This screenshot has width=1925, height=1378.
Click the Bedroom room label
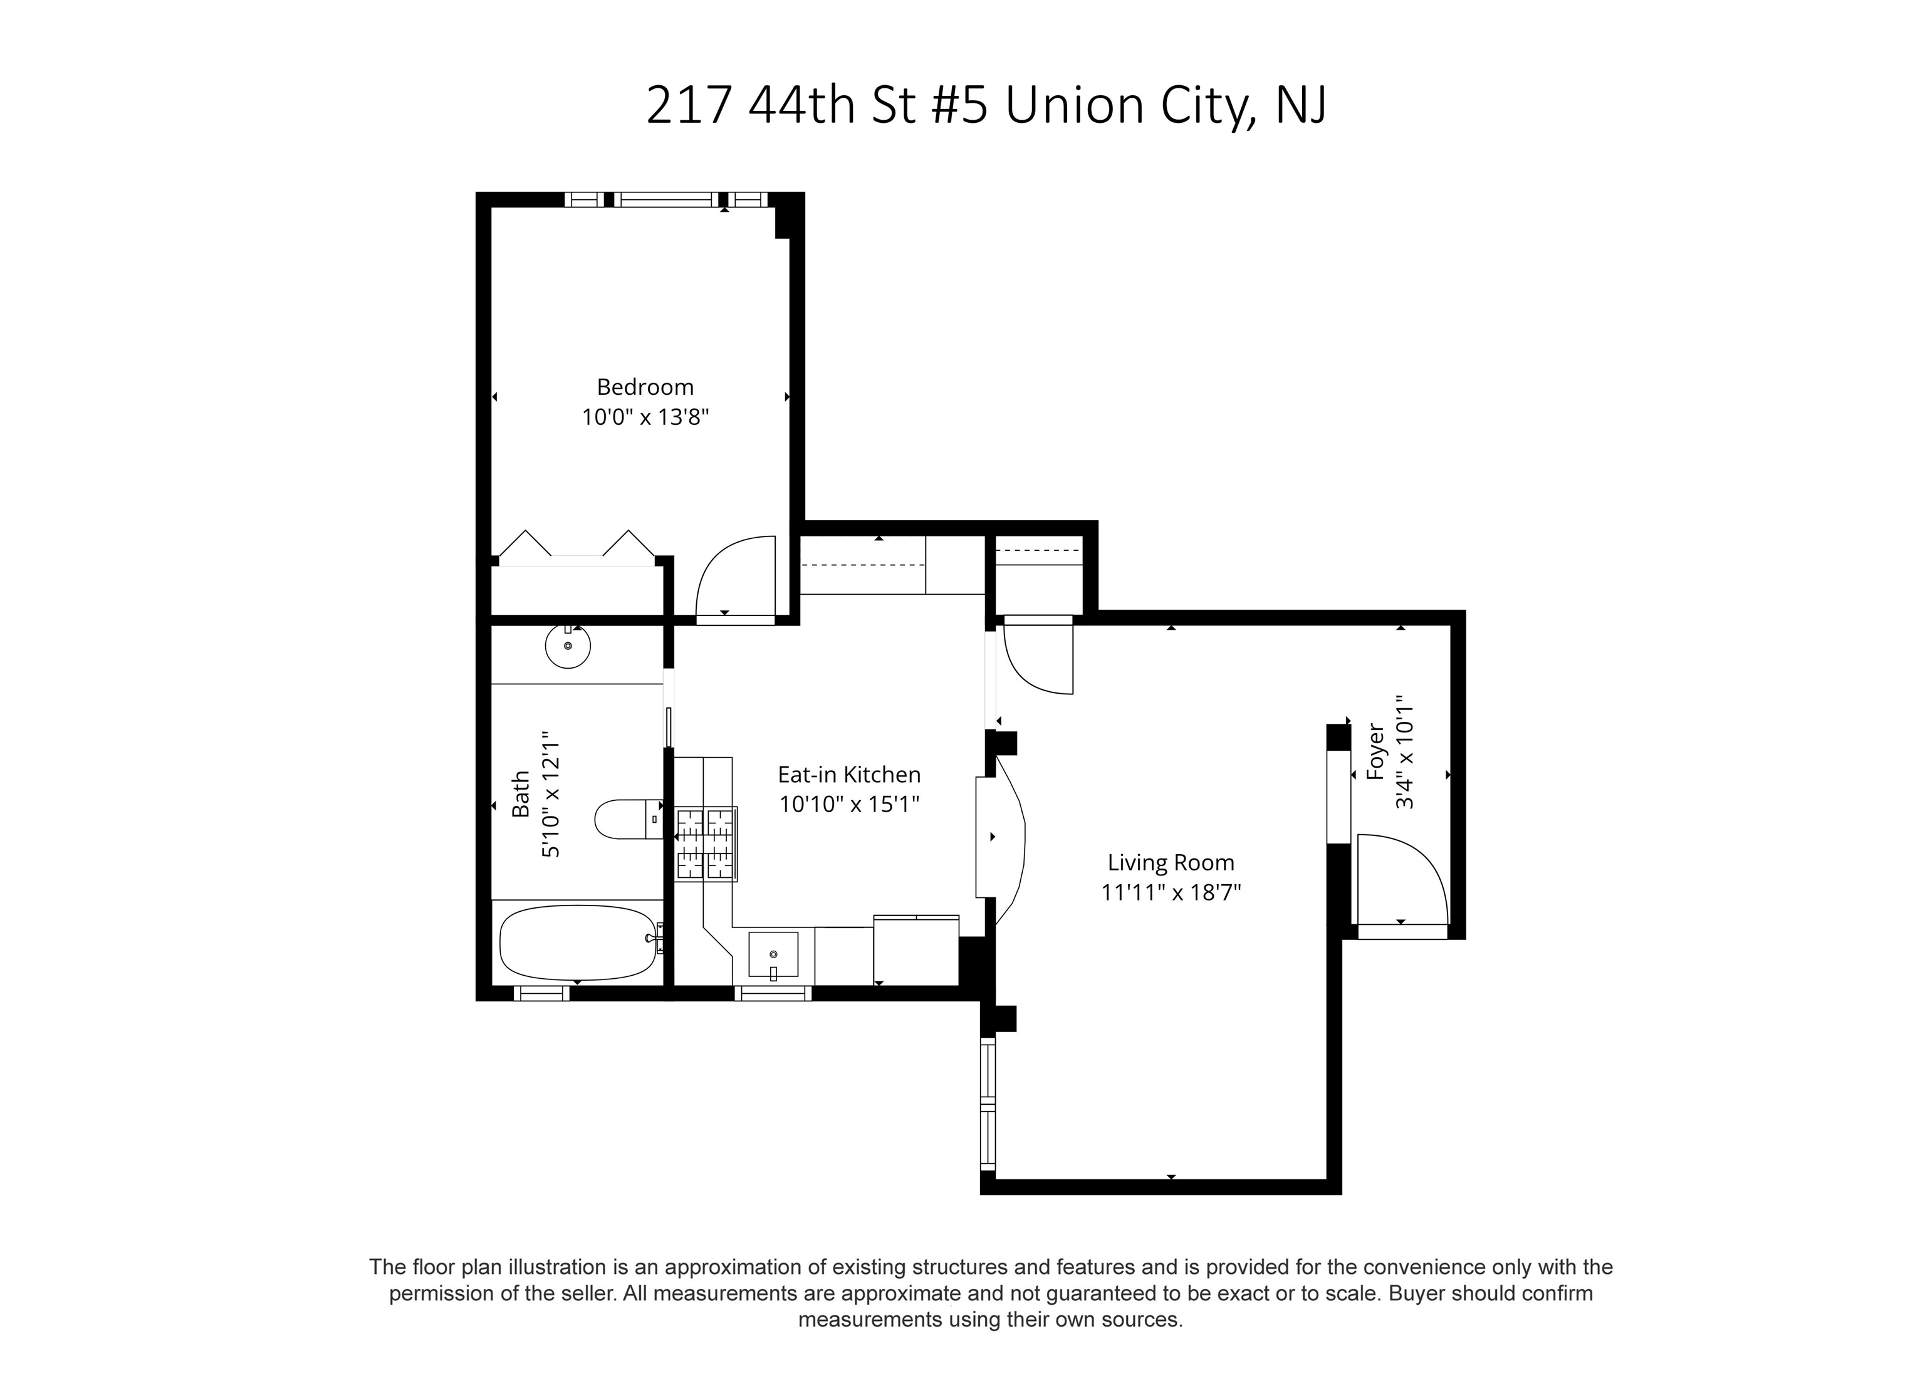tap(645, 387)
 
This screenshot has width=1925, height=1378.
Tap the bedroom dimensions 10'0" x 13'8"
tap(645, 417)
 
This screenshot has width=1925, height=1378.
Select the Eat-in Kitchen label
tap(849, 775)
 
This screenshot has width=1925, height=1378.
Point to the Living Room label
tap(1171, 863)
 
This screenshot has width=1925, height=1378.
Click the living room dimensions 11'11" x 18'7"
tap(1171, 892)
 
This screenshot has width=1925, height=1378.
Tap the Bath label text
tap(520, 793)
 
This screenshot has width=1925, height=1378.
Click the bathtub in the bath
tap(578, 942)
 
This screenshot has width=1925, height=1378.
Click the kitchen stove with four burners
tap(706, 843)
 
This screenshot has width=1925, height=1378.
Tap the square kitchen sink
tap(773, 954)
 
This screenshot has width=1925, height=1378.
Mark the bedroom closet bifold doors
tap(578, 544)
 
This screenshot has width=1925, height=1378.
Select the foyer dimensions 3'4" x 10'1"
tap(1405, 752)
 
